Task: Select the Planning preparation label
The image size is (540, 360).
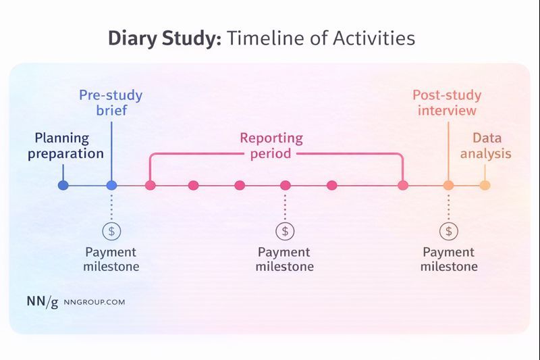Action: (x=70, y=146)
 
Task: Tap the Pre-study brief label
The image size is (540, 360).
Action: (x=111, y=103)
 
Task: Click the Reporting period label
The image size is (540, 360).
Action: (x=271, y=146)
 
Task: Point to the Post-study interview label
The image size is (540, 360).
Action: (x=446, y=103)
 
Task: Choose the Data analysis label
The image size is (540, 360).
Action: (x=486, y=146)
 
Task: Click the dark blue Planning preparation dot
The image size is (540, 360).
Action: (x=63, y=185)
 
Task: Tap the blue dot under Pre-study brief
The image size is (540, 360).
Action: (x=112, y=185)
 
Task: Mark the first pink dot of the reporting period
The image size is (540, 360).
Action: (x=151, y=185)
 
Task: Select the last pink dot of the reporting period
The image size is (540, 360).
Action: (x=403, y=185)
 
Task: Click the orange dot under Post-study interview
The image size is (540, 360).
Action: (x=448, y=185)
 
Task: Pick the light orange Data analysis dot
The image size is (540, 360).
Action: (x=485, y=185)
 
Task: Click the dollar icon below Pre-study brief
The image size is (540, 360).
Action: (x=111, y=231)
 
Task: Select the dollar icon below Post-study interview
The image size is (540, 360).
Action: (x=448, y=231)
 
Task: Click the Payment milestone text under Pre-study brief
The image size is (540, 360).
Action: (x=111, y=259)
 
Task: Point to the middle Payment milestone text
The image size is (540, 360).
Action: (x=285, y=259)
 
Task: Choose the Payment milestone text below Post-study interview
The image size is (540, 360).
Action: (x=449, y=259)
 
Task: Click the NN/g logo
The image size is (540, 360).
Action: (x=42, y=302)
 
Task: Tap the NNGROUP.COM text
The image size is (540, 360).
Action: (x=94, y=303)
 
